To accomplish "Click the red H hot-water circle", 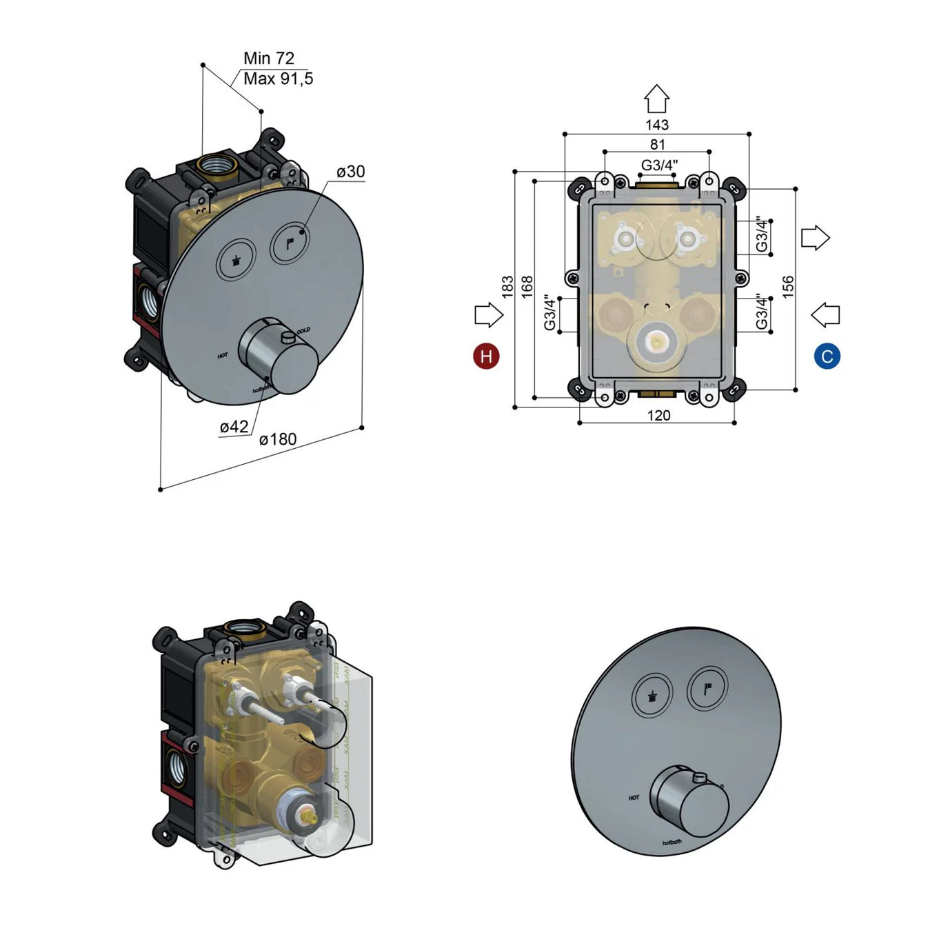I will tap(486, 356).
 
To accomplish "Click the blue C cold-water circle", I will tap(827, 356).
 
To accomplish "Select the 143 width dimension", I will tap(656, 125).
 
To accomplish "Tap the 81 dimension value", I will tap(657, 145).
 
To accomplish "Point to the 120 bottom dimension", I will tap(658, 415).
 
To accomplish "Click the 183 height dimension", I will tap(507, 288).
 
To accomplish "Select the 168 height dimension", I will tap(527, 287).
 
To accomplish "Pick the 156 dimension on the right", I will tap(788, 287).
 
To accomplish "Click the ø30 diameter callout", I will tap(351, 172).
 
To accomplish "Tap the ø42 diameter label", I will tap(234, 427).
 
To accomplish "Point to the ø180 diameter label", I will tap(278, 440).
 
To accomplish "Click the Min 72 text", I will tap(269, 59).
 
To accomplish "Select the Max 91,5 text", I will tap(278, 79).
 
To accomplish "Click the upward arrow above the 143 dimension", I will tap(656, 99).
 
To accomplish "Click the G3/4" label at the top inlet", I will tap(659, 165).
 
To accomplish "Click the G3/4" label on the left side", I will tap(549, 312).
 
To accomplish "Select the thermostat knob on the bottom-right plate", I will tap(689, 800).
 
